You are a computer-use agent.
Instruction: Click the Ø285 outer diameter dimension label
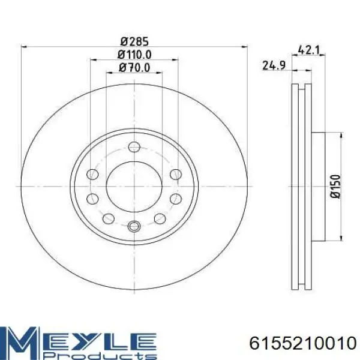(134, 41)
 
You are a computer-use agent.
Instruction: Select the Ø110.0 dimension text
(134, 55)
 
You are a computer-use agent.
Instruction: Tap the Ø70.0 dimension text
(134, 68)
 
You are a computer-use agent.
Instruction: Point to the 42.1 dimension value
(308, 50)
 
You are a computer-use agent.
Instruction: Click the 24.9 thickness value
(274, 65)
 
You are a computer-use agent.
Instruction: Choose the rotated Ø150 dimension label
(335, 186)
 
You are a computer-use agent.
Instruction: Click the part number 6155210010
(302, 344)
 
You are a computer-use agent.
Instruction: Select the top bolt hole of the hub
(134, 147)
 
